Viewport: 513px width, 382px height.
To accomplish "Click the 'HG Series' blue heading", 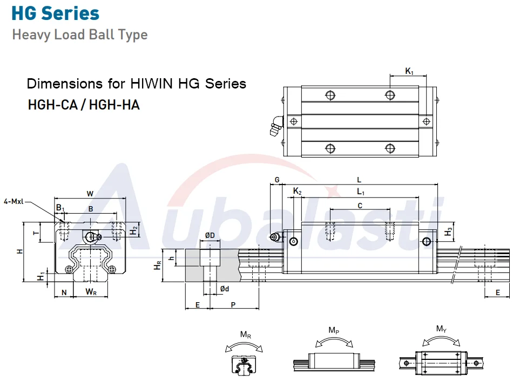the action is coord(55,13).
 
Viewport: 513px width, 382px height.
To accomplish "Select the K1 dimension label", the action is coord(409,71).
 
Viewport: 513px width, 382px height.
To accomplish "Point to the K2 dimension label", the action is coord(298,191).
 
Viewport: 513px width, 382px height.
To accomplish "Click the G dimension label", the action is coord(277,180).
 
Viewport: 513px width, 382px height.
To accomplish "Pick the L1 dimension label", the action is coord(361,192).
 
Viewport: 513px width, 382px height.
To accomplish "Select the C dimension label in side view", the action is coord(360,206).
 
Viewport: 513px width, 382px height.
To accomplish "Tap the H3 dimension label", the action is coord(448,231).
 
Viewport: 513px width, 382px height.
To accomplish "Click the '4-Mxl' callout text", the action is coord(13,201).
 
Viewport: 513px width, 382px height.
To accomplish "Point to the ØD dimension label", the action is coord(210,235).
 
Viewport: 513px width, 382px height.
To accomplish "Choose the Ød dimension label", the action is coord(225,289).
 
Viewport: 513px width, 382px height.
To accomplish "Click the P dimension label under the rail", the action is coord(233,304).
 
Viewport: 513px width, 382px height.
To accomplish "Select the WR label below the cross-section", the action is coord(91,291).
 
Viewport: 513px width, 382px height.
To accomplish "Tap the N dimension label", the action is coord(64,292).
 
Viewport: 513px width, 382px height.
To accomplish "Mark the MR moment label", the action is coord(246,335).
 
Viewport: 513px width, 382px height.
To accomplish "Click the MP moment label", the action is coord(334,330).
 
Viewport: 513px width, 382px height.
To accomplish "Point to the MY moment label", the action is coord(441,329).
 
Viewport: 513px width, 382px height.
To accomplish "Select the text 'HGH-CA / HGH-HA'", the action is coord(84,105).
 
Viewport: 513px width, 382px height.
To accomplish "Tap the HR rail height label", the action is coord(158,265).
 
